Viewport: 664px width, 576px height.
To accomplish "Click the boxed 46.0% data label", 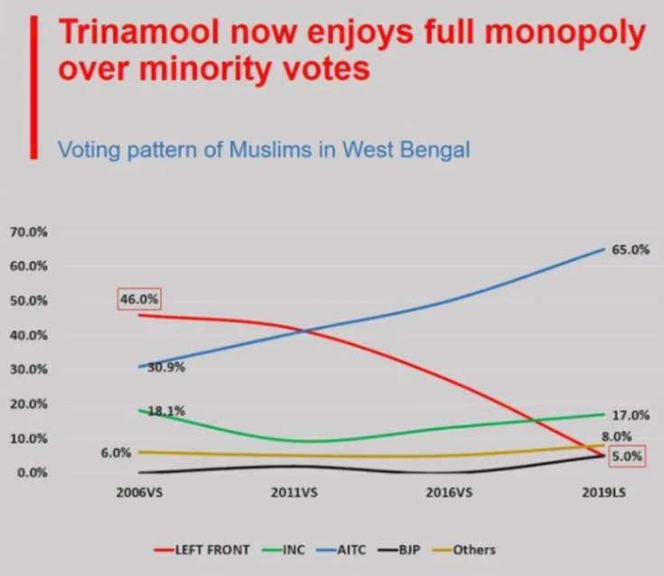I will pos(139,299).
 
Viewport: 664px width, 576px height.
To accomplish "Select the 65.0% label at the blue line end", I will pos(631,250).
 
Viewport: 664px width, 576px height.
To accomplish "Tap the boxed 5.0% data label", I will pos(628,456).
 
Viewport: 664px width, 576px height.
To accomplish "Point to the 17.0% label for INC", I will pos(631,415).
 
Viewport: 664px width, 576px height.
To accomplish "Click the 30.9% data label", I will pos(166,367).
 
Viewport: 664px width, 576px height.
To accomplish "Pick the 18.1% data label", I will pos(166,411).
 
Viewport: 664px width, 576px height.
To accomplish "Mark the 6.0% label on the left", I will pos(116,453).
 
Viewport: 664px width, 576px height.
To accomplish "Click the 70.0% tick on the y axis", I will pos(29,232).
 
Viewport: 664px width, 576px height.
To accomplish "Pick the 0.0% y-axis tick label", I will pos(32,473).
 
